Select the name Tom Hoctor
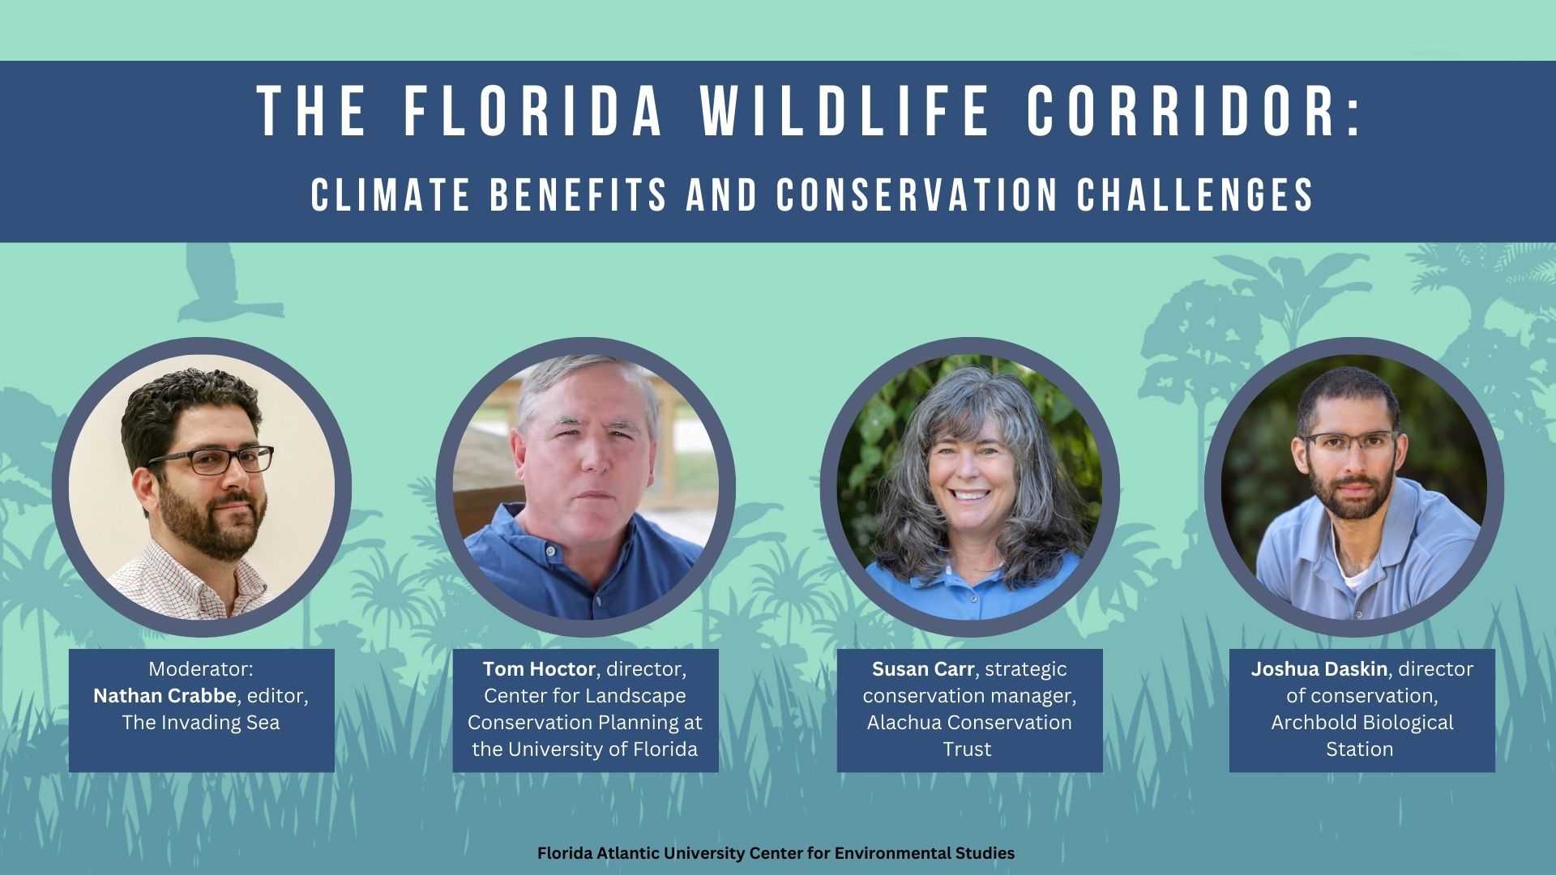539,669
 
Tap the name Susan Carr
923,669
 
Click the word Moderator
201,669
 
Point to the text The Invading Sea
201,723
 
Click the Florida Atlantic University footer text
776,853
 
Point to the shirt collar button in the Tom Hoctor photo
548,553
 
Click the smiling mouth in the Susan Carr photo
970,493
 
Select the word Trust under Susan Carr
968,749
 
